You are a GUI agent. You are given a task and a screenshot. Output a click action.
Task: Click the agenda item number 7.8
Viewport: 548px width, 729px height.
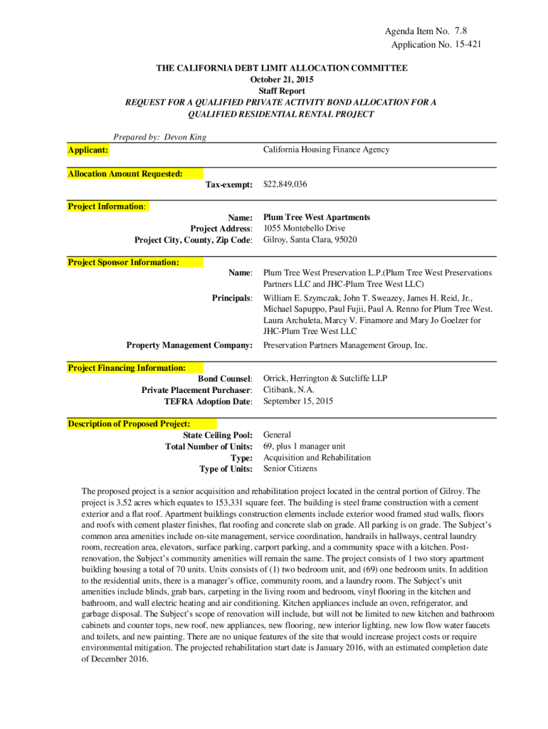pos(460,32)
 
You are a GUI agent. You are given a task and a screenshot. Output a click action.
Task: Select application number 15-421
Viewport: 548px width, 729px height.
pos(467,45)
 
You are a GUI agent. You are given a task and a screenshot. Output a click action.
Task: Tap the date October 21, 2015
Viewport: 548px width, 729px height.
pos(282,80)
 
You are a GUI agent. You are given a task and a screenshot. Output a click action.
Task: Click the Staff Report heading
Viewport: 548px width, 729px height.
pos(282,91)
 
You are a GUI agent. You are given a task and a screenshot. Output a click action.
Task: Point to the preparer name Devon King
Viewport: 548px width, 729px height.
pos(185,137)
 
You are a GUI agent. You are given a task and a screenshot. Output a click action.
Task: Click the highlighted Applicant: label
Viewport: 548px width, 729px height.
pos(88,150)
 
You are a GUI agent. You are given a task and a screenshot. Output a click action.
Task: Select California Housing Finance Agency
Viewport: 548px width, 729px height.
pos(326,150)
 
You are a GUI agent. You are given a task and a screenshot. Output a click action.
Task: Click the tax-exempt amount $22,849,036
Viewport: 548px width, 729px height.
pos(285,184)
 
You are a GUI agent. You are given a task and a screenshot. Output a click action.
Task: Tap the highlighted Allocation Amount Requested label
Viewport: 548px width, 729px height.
pos(125,174)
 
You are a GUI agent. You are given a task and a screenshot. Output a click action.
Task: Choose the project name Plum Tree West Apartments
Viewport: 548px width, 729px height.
pos(317,217)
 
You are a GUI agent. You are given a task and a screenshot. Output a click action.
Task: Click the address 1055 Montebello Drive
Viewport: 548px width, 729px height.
pos(304,229)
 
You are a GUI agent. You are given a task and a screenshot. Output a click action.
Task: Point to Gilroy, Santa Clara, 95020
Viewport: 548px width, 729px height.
pos(310,240)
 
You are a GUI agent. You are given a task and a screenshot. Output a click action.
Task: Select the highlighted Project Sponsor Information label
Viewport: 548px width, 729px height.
pos(123,263)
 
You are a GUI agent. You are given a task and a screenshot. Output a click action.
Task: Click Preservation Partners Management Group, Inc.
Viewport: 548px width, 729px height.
pos(345,345)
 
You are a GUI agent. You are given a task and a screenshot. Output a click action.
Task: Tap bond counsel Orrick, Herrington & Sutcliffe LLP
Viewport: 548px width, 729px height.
pos(325,379)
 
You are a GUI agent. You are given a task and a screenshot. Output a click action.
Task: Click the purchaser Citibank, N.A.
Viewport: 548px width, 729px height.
pos(289,390)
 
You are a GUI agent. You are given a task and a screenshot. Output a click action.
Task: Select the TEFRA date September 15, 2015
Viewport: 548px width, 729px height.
pos(298,402)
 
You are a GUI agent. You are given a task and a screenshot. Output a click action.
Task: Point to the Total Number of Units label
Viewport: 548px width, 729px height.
pos(209,446)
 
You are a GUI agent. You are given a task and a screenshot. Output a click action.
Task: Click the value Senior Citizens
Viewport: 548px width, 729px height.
pos(290,469)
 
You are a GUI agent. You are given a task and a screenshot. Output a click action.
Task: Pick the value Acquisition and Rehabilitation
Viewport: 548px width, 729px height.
pos(317,458)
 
